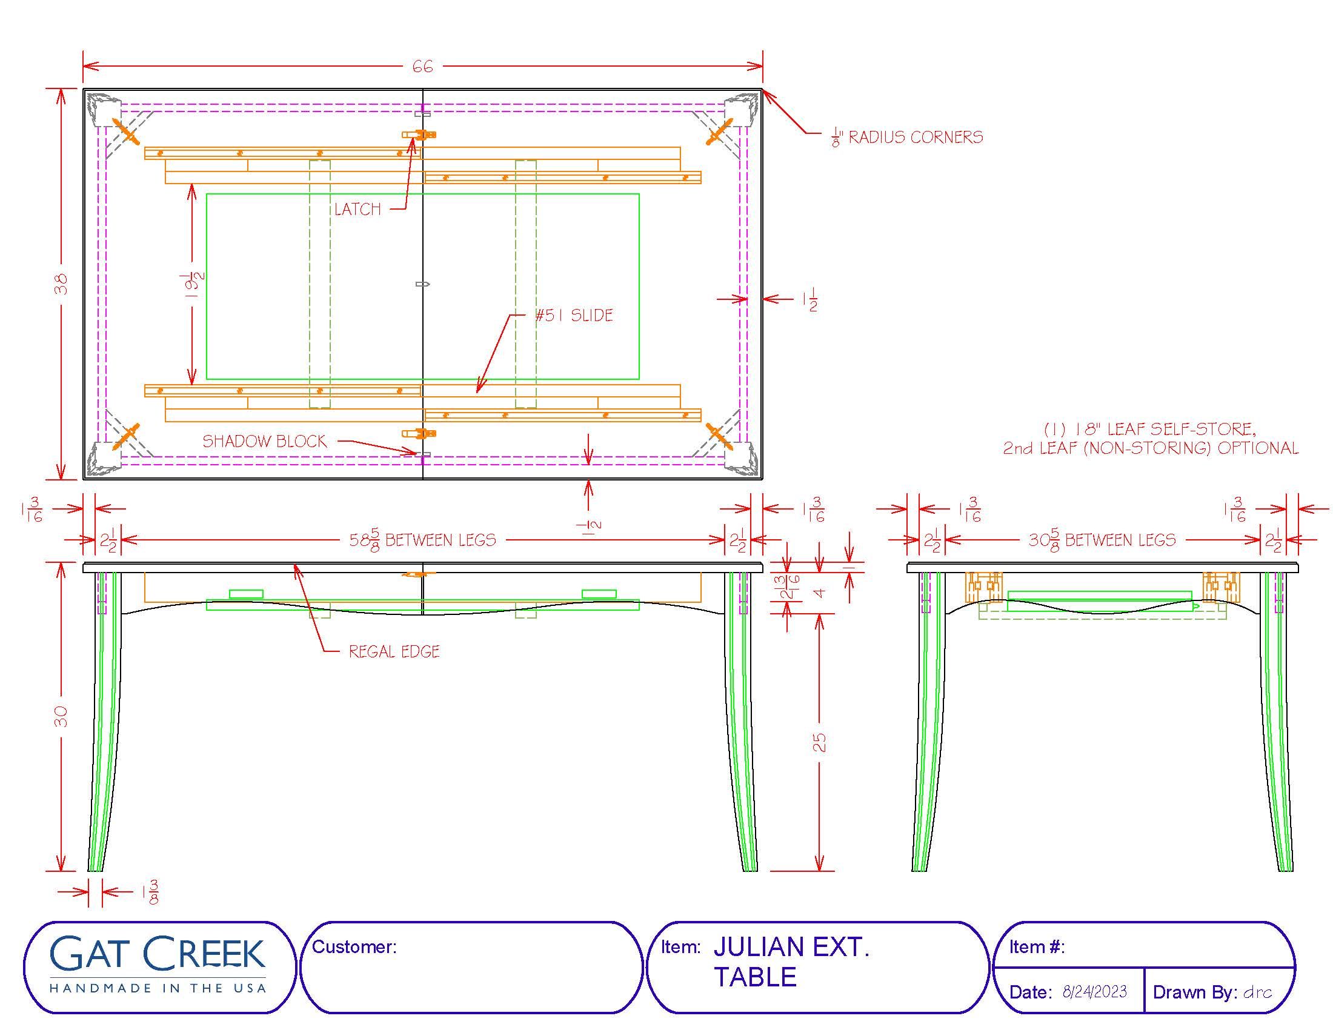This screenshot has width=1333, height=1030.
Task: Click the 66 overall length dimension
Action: (422, 66)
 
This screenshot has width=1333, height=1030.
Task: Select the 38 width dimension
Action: (62, 284)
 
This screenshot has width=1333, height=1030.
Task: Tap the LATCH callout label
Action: (357, 209)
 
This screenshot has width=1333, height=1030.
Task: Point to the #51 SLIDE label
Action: (574, 316)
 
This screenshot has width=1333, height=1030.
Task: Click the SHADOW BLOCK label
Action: (264, 441)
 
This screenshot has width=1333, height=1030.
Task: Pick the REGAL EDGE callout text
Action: (394, 652)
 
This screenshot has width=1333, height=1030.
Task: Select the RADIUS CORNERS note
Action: (908, 138)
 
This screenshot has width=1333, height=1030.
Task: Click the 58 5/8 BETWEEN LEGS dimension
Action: (422, 540)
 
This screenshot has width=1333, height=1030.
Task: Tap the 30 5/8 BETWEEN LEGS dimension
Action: (1102, 540)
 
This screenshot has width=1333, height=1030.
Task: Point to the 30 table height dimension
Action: (62, 716)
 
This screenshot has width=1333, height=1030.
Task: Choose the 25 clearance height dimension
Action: (820, 742)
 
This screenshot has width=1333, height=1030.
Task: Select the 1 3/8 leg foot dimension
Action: (150, 892)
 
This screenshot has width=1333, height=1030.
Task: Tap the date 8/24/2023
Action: (1094, 992)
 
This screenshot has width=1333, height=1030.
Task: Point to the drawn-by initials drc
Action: (1257, 992)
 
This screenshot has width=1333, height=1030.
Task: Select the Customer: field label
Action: (354, 946)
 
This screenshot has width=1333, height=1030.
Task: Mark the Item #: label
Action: (1036, 946)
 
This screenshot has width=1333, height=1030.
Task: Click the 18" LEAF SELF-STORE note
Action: (1151, 429)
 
